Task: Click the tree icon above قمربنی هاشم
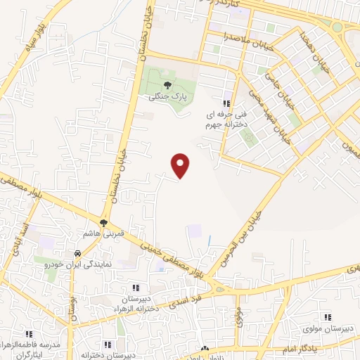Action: click(x=104, y=224)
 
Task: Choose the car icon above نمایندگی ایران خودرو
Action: click(x=76, y=253)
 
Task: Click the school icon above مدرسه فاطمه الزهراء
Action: click(x=29, y=334)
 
